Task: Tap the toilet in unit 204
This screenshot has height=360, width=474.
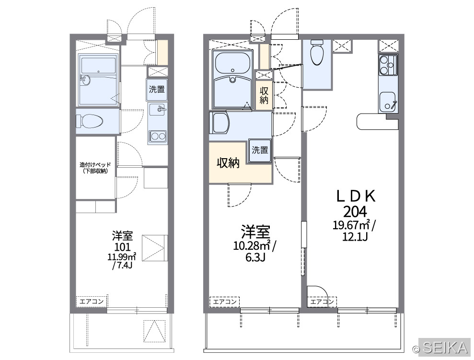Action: pos(317,53)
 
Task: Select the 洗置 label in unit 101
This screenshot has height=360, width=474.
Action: pos(157,89)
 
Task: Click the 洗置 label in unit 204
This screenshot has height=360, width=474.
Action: pos(260,150)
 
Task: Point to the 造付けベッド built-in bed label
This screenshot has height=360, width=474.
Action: pos(95,168)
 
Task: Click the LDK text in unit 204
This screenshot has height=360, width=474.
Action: pos(356,196)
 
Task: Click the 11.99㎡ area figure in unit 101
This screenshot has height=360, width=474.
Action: pos(122,257)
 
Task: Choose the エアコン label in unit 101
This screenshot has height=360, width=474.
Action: pos(92,302)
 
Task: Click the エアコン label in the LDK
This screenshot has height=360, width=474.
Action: pos(322,302)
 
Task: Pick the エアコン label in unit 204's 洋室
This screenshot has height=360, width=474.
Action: pos(225,302)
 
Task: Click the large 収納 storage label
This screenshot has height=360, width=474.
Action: pos(228,163)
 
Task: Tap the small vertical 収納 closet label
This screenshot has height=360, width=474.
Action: pos(264,95)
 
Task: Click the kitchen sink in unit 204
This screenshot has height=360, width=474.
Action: pos(388,102)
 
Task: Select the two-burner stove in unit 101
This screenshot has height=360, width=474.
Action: pos(158,136)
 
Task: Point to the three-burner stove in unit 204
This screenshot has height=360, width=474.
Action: pos(388,66)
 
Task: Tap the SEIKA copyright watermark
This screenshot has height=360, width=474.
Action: pos(441,348)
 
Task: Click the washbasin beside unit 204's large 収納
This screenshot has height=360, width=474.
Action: pos(220,123)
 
